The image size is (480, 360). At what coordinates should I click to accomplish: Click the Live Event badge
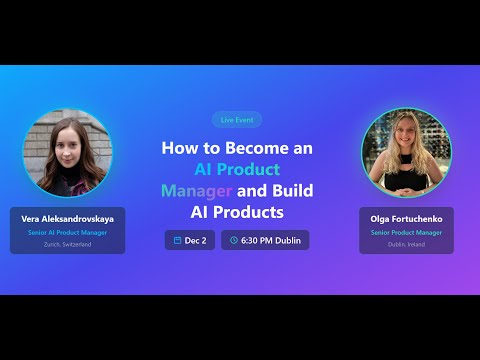pos(237,119)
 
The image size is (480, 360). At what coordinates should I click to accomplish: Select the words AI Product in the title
pos(237,169)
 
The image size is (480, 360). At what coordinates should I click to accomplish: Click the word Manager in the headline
pos(196,190)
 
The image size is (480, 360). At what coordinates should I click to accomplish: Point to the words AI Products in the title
pos(237,212)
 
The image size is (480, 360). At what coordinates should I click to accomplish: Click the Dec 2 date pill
pos(190,240)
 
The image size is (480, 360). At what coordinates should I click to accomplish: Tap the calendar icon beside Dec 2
pos(177,240)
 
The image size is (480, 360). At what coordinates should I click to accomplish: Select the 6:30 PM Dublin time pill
pos(265,240)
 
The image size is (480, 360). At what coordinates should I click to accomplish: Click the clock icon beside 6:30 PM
pos(234,240)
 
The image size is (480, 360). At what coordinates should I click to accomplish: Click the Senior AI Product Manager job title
pos(69,232)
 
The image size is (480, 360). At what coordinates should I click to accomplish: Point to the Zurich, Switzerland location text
pos(69,244)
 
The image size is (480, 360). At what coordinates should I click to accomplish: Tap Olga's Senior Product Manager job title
pos(406,232)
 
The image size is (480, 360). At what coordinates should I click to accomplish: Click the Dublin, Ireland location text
pos(406,244)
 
